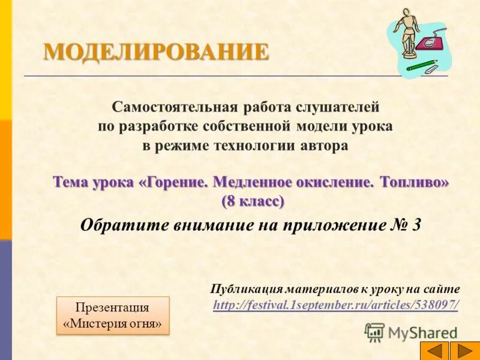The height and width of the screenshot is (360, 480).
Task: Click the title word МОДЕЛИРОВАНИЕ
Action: pos(156,52)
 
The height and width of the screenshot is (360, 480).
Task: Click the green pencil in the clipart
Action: pos(423,64)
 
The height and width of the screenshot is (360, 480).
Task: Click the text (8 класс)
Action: pos(253,201)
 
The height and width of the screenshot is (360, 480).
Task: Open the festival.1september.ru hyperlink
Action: pos(336,305)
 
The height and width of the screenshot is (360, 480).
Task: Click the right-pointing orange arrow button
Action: pos(461,350)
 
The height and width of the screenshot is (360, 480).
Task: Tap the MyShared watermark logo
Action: pos(412,332)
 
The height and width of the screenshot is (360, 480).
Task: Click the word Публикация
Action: pos(246,289)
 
